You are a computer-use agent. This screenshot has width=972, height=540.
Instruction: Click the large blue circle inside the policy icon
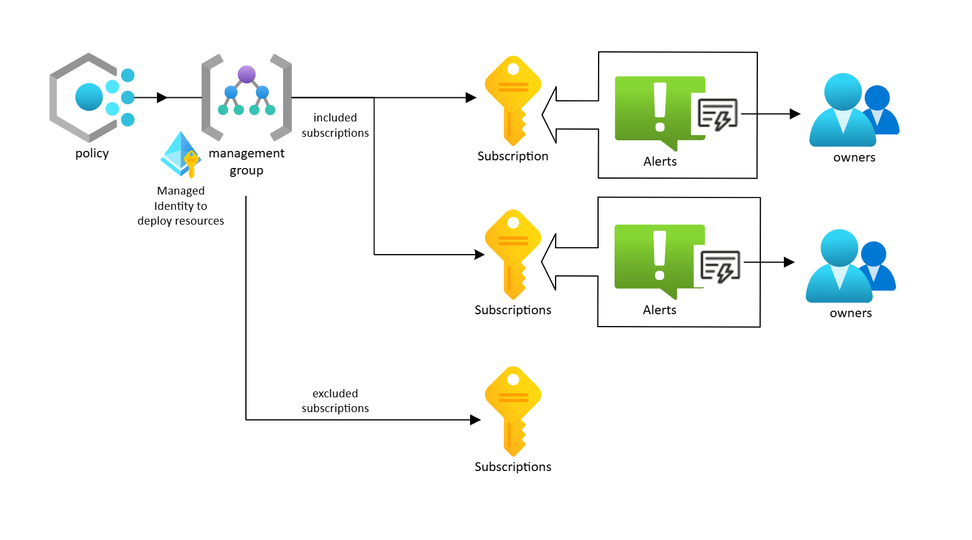pyautogui.click(x=89, y=97)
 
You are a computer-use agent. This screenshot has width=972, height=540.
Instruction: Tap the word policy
pyautogui.click(x=92, y=153)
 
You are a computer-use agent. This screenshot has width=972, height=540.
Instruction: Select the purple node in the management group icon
pyautogui.click(x=247, y=74)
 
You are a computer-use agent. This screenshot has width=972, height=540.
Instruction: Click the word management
pyautogui.click(x=247, y=153)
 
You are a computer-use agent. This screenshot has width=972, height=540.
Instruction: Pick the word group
pyautogui.click(x=247, y=170)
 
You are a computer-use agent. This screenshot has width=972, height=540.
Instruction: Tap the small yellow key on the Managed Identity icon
pyautogui.click(x=191, y=163)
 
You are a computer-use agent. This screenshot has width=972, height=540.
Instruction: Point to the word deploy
pyautogui.click(x=153, y=221)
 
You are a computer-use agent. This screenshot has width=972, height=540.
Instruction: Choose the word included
pyautogui.click(x=335, y=118)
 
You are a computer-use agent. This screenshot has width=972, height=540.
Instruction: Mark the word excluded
pyautogui.click(x=335, y=393)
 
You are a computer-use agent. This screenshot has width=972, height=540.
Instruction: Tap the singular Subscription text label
pyautogui.click(x=513, y=156)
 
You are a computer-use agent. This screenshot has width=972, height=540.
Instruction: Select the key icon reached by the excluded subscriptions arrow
pyautogui.click(x=513, y=410)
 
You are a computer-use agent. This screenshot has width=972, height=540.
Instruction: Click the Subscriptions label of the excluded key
pyautogui.click(x=513, y=467)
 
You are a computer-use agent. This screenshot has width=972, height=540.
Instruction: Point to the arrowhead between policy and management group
pyautogui.click(x=162, y=97)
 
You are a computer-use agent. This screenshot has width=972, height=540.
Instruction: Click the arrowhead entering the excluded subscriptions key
pyautogui.click(x=475, y=420)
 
